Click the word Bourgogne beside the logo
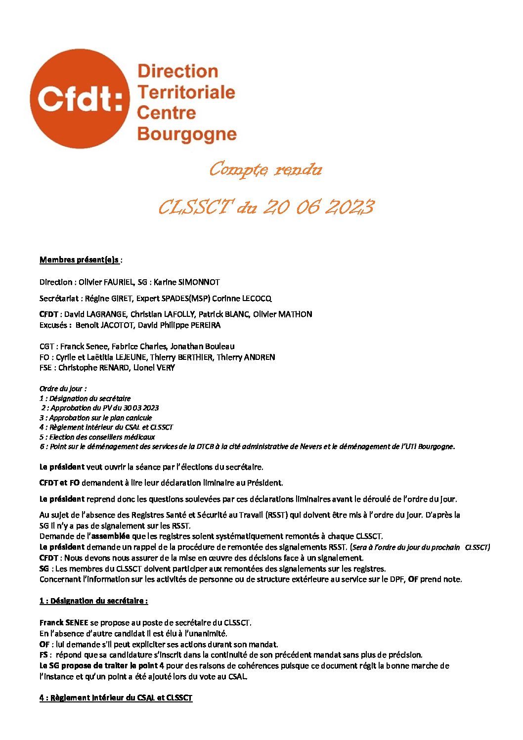pyautogui.click(x=186, y=133)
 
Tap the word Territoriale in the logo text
pyautogui.click(x=186, y=91)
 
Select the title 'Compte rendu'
pyautogui.click(x=265, y=170)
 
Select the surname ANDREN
pyautogui.click(x=258, y=357)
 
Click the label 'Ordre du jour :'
pyautogui.click(x=63, y=389)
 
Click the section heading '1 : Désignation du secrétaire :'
pyautogui.click(x=93, y=601)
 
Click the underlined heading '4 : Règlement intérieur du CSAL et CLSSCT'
pyautogui.click(x=116, y=698)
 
